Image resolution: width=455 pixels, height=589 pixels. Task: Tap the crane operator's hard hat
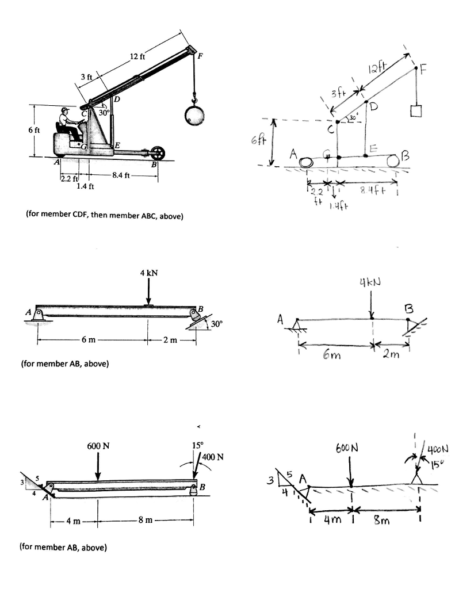65,109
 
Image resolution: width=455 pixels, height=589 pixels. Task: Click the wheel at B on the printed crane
158,154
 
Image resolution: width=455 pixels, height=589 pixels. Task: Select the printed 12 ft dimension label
138,56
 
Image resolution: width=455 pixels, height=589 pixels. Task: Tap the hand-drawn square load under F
415,110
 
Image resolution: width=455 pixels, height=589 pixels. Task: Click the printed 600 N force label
98,446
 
